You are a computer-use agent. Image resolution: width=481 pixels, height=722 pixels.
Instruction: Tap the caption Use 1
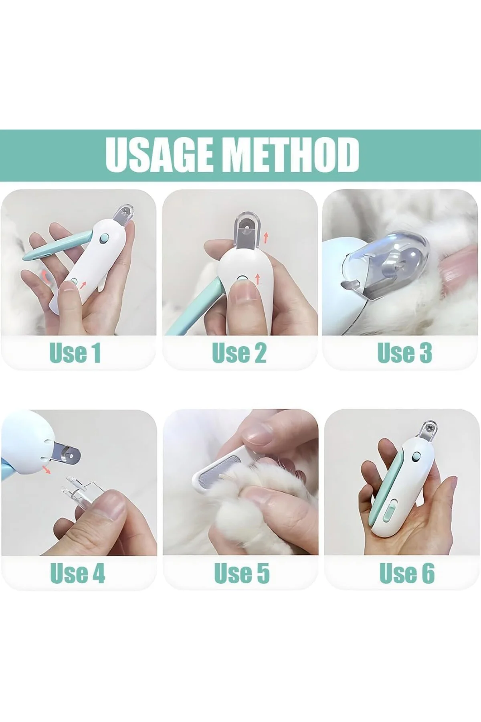75,353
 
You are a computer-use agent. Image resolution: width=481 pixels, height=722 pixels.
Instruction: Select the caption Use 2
239,353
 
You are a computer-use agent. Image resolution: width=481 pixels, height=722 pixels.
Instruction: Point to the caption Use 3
405,353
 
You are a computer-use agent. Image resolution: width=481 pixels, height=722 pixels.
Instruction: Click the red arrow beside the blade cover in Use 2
265,239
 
